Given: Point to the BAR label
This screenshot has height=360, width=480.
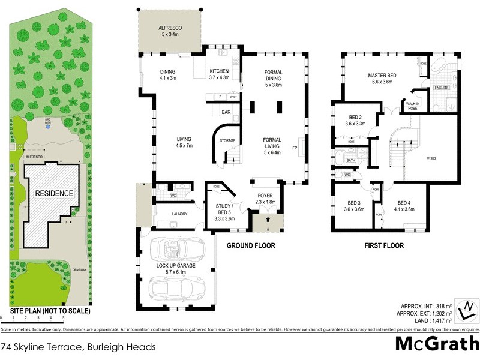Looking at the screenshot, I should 226,112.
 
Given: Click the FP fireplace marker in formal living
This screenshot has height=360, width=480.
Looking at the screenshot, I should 294,148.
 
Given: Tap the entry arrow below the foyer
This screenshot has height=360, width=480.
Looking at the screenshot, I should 262,225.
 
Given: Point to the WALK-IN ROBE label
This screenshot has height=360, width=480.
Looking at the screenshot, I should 412,106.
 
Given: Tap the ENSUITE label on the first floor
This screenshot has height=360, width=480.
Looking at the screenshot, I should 442,88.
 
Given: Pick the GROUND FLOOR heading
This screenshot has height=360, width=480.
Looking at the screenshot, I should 251,245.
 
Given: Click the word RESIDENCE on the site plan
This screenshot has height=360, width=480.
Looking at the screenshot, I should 53,194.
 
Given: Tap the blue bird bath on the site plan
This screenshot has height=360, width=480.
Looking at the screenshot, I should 48,127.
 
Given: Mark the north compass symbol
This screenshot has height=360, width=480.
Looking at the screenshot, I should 466,310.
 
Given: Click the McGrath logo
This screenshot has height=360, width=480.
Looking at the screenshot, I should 437,344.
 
